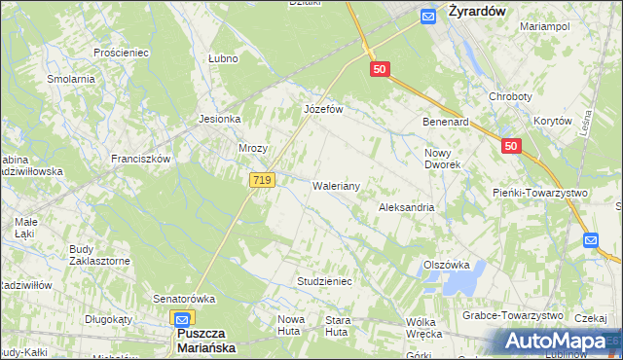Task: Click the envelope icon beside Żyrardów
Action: pyautogui.click(x=427, y=15)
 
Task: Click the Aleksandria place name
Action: pyautogui.click(x=406, y=208)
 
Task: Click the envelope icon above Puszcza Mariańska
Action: pyautogui.click(x=182, y=317)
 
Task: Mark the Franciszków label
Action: pyautogui.click(x=141, y=159)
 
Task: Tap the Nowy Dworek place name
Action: pyautogui.click(x=443, y=159)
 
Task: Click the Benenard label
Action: pyautogui.click(x=446, y=123)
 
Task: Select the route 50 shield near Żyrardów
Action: pyautogui.click(x=381, y=69)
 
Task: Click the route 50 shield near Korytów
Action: pyautogui.click(x=512, y=146)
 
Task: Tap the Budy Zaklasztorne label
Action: pyautogui.click(x=99, y=255)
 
